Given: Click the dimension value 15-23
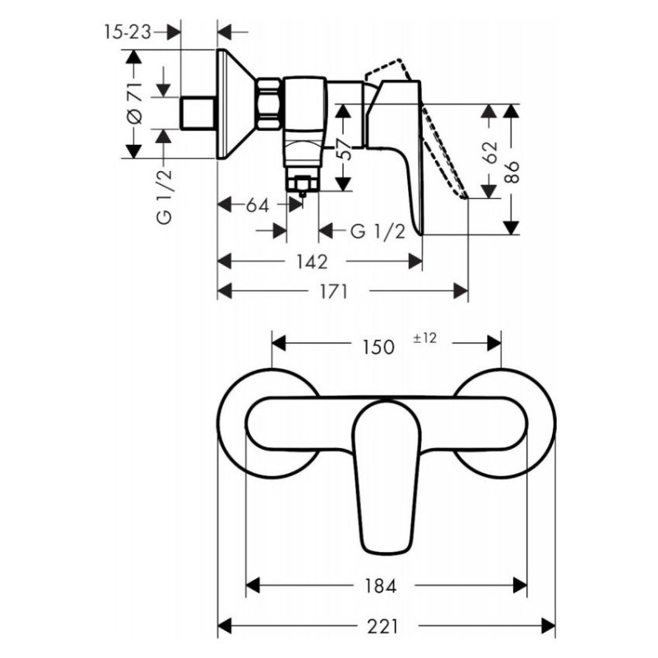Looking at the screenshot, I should [128, 31].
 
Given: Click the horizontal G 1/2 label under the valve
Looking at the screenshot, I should [378, 231].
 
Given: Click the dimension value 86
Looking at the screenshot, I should [512, 170].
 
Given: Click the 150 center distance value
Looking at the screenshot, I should [379, 347].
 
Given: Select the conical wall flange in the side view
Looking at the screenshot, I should [234, 104].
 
